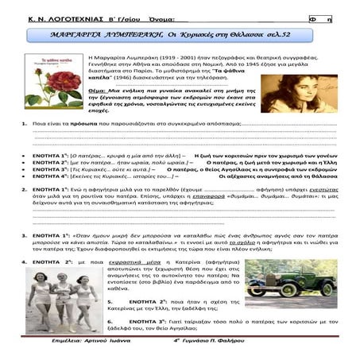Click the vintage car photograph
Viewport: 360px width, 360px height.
point(290,285)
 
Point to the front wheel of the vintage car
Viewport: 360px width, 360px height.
point(269,296)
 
